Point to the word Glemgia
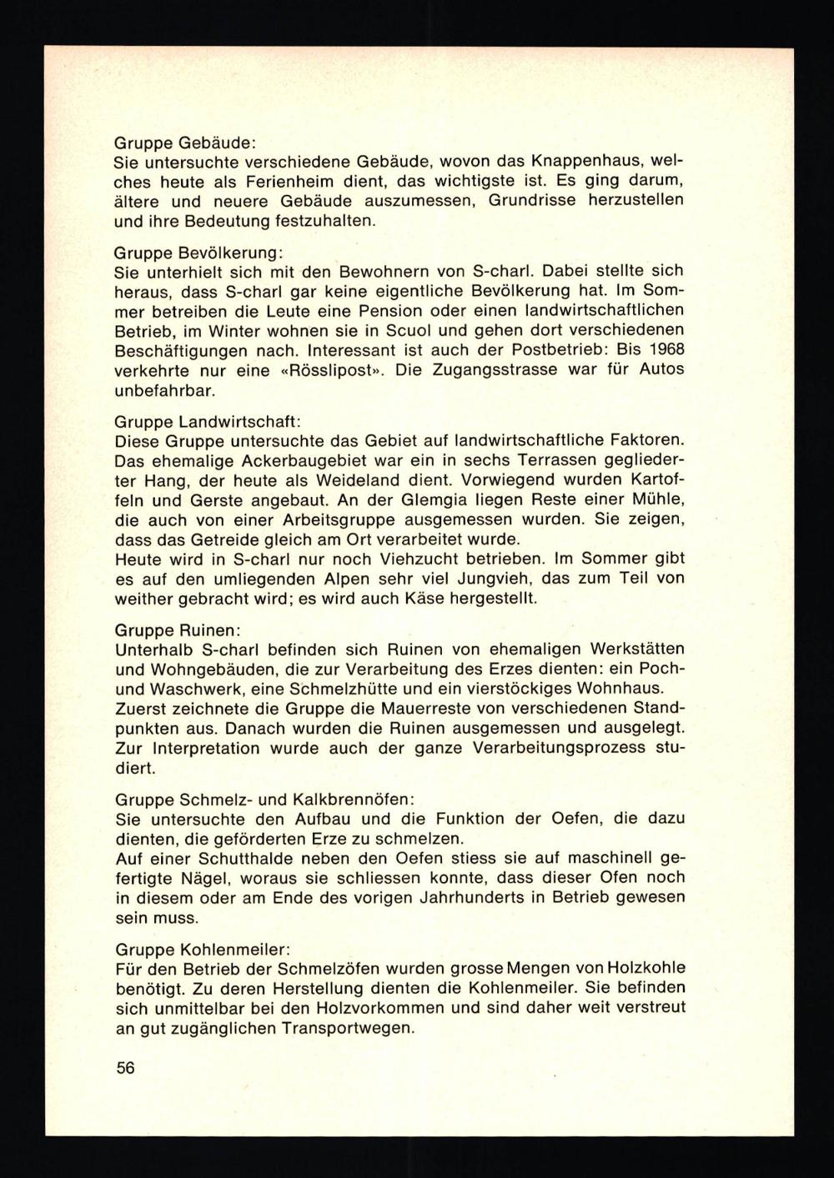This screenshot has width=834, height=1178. (463, 501)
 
